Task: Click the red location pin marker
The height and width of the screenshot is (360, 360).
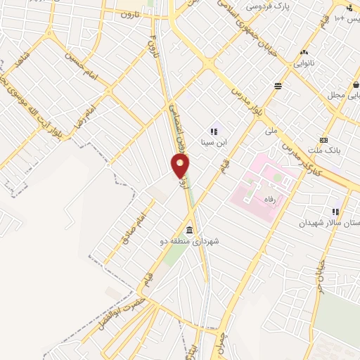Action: [181, 166]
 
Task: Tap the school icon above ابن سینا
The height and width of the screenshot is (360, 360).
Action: [214, 131]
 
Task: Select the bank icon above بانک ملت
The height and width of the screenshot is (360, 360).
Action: [323, 139]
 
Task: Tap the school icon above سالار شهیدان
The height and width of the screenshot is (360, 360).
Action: [335, 211]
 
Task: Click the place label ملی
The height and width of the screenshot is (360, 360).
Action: [271, 131]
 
